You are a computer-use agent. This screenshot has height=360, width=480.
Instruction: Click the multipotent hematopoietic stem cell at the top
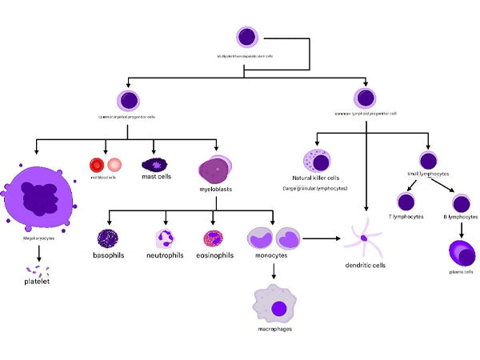click(x=247, y=37)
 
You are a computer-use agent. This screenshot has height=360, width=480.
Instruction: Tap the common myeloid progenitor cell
click(x=128, y=100)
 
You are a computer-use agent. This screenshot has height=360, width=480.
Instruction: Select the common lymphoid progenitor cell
click(x=366, y=98)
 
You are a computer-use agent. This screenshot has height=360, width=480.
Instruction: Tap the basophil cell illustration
click(x=109, y=238)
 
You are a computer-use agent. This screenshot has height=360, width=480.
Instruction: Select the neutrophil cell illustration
click(x=166, y=238)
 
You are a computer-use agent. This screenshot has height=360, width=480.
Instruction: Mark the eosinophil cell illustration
click(x=214, y=238)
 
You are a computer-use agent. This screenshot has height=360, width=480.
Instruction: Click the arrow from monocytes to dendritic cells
click(x=323, y=238)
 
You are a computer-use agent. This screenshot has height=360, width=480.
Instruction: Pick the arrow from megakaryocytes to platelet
click(x=38, y=250)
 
